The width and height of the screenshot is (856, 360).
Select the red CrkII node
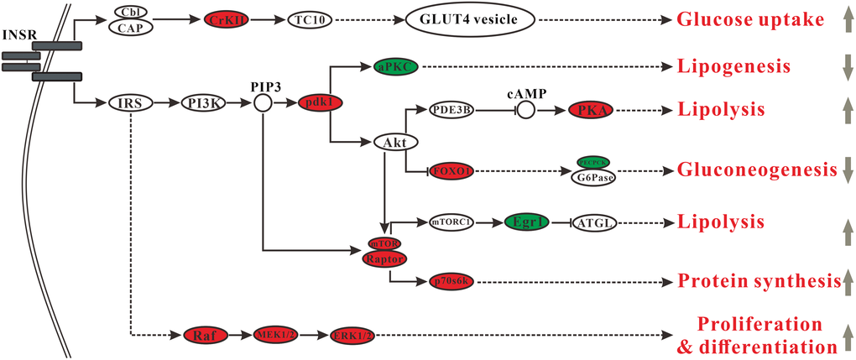tap(227, 18)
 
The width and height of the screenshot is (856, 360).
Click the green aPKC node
tap(395, 65)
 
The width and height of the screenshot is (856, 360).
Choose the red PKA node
tap(591, 109)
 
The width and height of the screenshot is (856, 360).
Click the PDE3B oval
tap(451, 109)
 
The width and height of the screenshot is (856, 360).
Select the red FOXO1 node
tap(450, 171)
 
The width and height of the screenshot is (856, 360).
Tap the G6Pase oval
tap(592, 177)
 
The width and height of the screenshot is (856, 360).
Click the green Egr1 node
tap(526, 222)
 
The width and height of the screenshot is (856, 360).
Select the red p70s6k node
tap(452, 280)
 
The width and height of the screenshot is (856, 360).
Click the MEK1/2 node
tap(275, 335)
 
